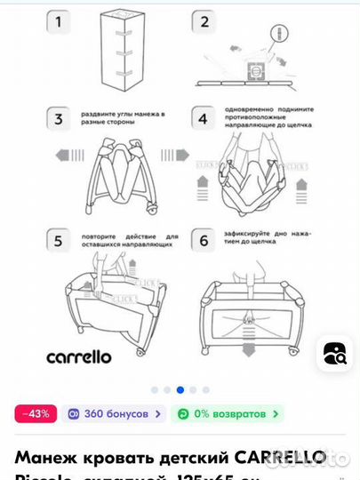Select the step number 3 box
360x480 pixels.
[59, 119]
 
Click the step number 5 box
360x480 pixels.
[59, 241]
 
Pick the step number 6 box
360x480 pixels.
[204, 241]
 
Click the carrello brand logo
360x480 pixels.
[78, 356]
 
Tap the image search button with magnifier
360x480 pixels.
[334, 353]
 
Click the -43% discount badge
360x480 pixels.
[36, 413]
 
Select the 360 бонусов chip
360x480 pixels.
[116, 413]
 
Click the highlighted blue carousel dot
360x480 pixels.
[180, 389]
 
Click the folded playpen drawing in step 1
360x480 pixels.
[122, 52]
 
